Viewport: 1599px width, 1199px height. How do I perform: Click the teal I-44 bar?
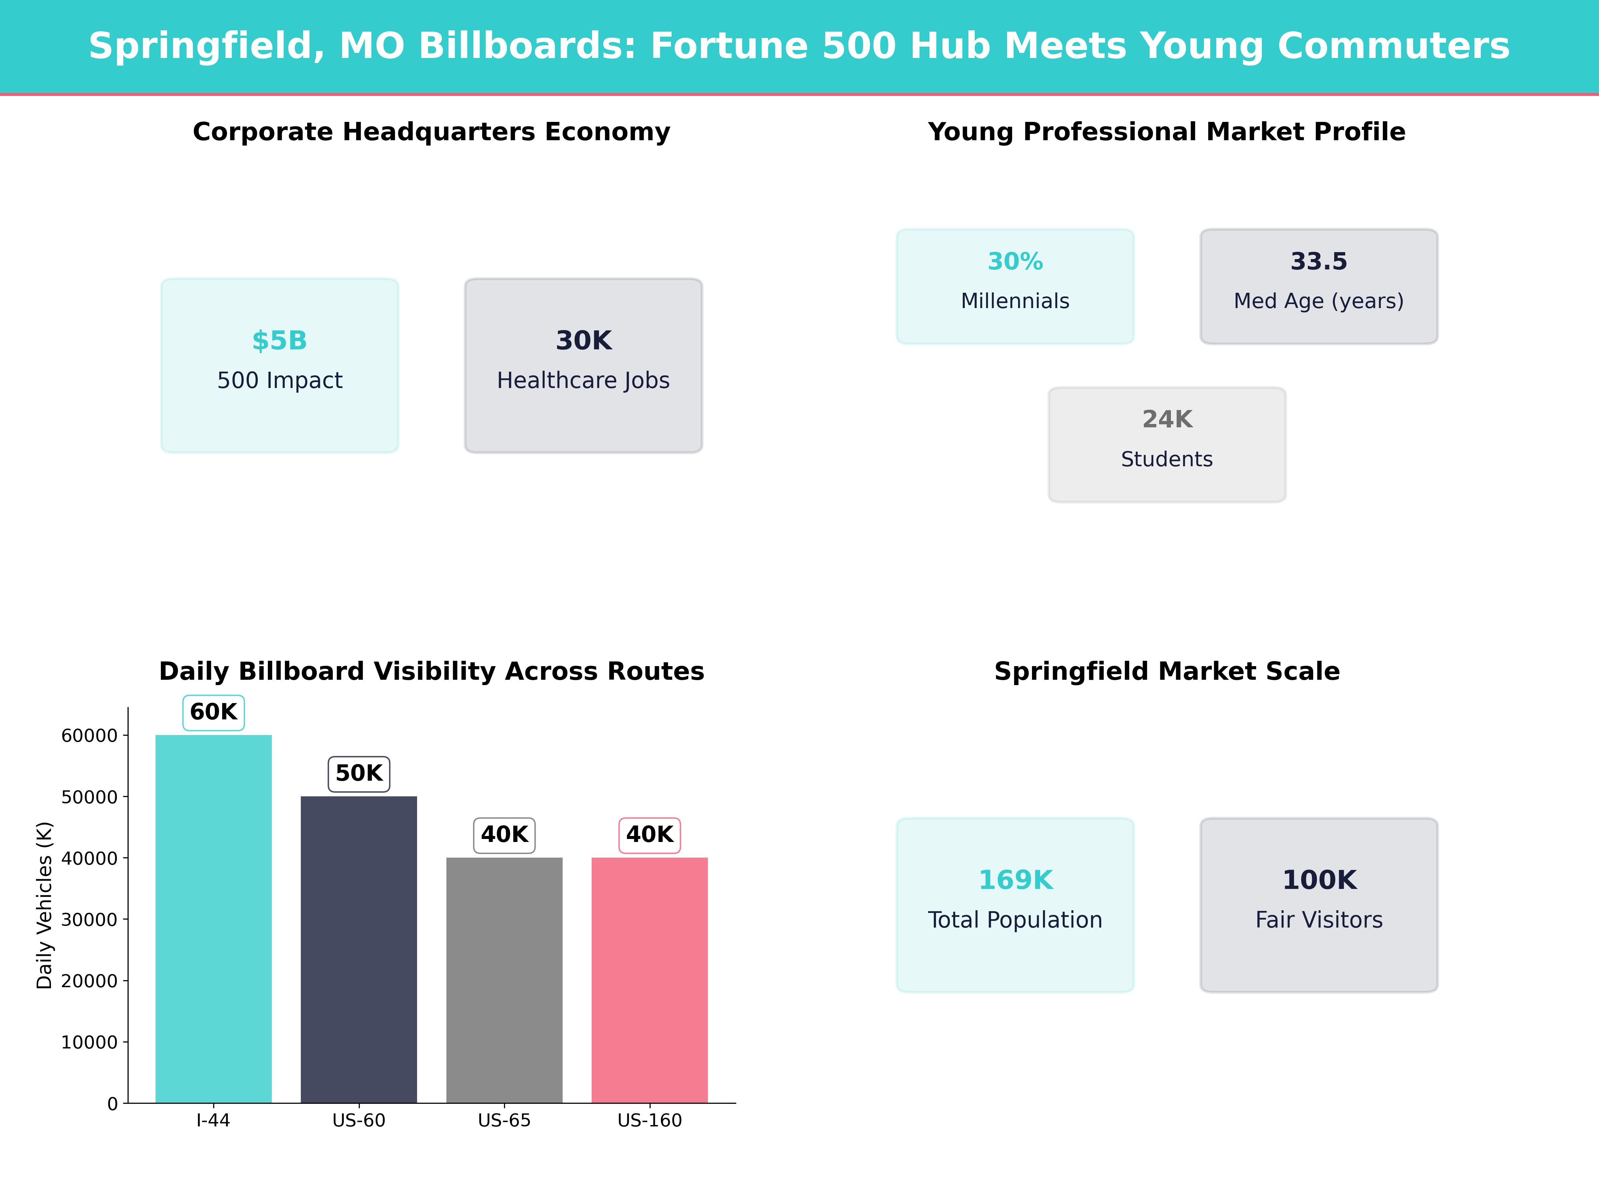coord(213,918)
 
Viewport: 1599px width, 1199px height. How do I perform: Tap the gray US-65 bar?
coord(504,979)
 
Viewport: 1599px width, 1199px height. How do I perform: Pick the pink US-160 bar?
coord(649,979)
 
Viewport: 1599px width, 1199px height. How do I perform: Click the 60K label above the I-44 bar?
coord(213,712)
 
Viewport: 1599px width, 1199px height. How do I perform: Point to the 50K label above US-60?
coord(358,773)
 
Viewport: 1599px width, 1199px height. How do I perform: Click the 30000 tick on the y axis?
coord(89,919)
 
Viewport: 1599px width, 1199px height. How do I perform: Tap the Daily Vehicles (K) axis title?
coord(45,905)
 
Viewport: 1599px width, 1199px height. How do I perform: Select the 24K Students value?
coord(1167,419)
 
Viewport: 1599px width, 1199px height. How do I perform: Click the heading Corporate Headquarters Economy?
coord(431,132)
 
